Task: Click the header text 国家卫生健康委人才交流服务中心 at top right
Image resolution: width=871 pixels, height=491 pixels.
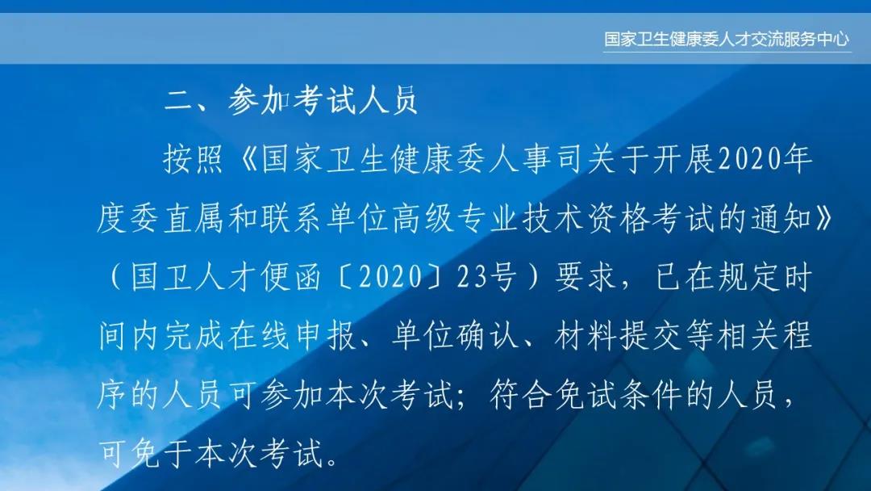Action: coord(727,39)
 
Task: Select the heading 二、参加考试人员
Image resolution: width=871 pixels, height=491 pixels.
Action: coord(291,101)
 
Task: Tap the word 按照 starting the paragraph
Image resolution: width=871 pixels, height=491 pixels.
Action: coord(192,160)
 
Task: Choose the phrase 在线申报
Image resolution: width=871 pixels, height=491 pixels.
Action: coord(292,337)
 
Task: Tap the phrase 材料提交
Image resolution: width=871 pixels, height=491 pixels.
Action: coord(618,337)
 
